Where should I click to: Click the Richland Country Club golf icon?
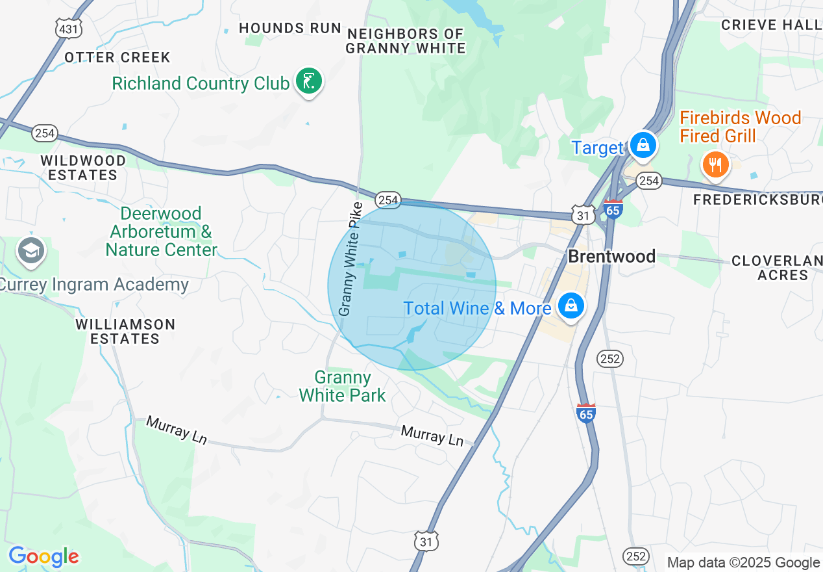coord(309,82)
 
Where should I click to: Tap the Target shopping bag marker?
coord(643,145)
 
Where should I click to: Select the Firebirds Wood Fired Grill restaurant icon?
coord(715,164)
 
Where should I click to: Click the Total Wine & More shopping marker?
coord(571,305)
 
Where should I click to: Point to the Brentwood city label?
coord(611,256)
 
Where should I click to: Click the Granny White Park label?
coord(342,386)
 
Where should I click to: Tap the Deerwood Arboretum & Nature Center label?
coord(162,231)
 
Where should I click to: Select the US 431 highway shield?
coord(68,29)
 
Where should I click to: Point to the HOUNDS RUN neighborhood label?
coord(290,28)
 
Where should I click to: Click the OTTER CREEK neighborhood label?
coord(117,57)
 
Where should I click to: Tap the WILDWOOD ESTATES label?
coord(82,167)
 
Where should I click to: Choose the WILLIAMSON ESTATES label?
coord(125,331)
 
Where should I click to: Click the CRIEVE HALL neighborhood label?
coord(772,25)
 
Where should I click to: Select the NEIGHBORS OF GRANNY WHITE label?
coord(406,41)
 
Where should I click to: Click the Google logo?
coord(43,556)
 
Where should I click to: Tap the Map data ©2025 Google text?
coord(743,563)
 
